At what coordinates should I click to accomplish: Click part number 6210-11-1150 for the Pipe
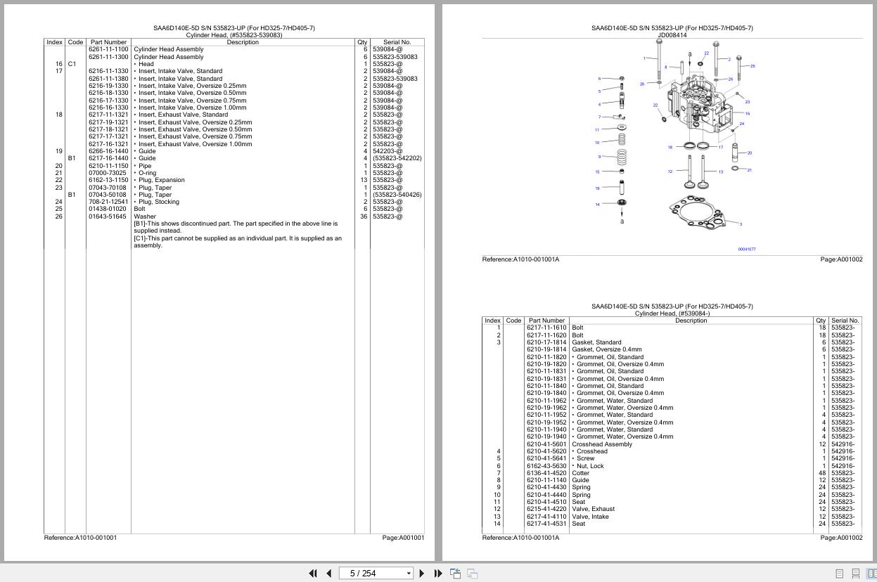coord(108,166)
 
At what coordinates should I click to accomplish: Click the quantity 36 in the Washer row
coord(364,216)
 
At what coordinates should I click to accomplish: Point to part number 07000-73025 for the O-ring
coord(108,173)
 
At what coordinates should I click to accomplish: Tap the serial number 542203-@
coord(388,151)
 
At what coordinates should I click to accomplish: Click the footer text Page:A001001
coord(403,538)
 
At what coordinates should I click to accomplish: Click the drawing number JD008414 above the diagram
coord(672,35)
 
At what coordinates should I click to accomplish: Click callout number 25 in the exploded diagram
coord(752,66)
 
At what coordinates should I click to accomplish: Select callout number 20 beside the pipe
coord(750,153)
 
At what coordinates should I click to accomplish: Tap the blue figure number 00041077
coord(746,250)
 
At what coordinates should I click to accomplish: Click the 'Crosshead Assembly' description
coord(601,444)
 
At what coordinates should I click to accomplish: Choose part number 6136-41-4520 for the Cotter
coord(546,473)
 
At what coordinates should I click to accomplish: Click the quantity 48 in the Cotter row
coord(821,473)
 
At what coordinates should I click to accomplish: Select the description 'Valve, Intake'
coord(590,517)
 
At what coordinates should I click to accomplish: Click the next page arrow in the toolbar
coord(421,574)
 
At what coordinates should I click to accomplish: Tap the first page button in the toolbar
coord(313,574)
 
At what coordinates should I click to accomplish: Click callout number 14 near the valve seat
coord(597,205)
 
